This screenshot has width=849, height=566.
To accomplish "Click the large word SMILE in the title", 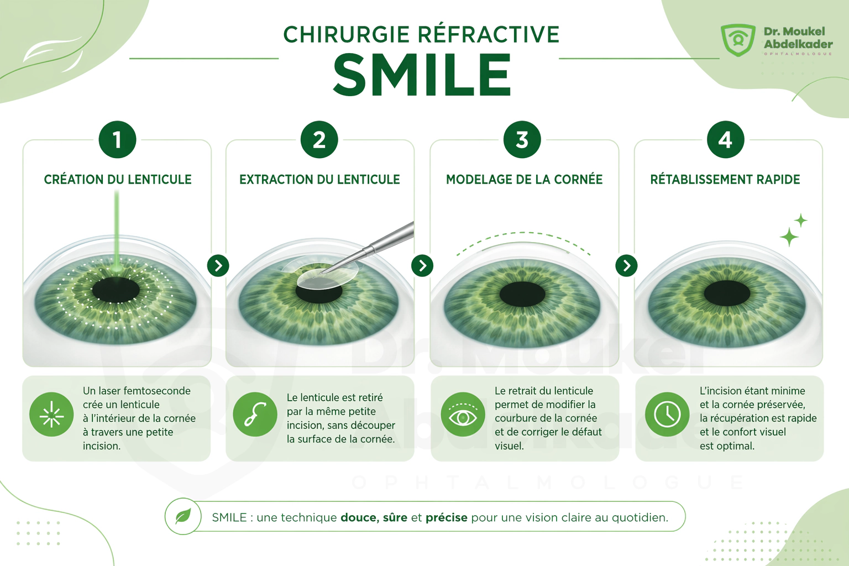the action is tap(422, 74).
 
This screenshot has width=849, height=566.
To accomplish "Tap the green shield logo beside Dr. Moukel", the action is tap(738, 40).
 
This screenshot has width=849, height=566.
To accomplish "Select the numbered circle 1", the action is tap(117, 139).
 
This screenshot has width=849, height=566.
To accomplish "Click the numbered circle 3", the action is tap(522, 139).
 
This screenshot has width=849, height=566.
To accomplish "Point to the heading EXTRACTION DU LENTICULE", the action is tap(319, 179).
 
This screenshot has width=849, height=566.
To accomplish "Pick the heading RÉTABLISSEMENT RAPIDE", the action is tap(725, 179).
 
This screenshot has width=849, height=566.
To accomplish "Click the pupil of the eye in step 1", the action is tap(116, 290).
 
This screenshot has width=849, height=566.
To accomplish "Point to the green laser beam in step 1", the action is tap(117, 230).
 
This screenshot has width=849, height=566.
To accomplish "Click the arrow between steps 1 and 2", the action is tap(218, 266).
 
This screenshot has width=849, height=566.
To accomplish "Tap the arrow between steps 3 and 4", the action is tap(626, 266).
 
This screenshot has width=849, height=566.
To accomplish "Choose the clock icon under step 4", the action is tap(667, 415).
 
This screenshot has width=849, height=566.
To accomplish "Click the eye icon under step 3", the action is tap(463, 415).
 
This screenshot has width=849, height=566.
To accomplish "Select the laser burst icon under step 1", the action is tap(51, 415).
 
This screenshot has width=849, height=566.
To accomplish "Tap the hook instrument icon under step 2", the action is tap(255, 415).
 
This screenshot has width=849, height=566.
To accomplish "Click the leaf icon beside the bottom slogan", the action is tap(183, 516).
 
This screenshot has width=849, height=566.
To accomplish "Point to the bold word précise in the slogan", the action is tap(447, 517).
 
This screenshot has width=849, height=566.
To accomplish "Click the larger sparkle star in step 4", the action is tap(789, 237).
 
